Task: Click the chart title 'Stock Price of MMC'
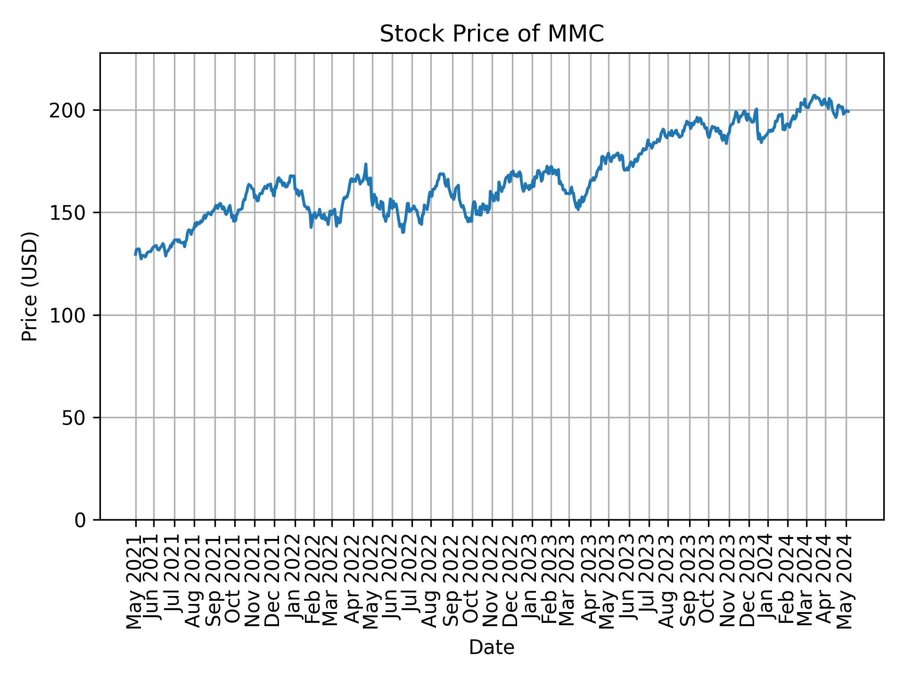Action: [x=492, y=34]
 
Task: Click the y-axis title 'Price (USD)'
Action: [x=30, y=286]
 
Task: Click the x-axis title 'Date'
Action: [x=492, y=647]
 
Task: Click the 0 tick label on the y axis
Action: [x=81, y=520]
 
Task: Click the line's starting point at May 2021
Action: [x=135, y=255]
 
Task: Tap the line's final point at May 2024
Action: [x=848, y=111]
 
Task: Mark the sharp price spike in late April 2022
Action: [x=366, y=164]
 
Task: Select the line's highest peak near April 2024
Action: [x=814, y=95]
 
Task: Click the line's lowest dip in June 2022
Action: [x=403, y=232]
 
